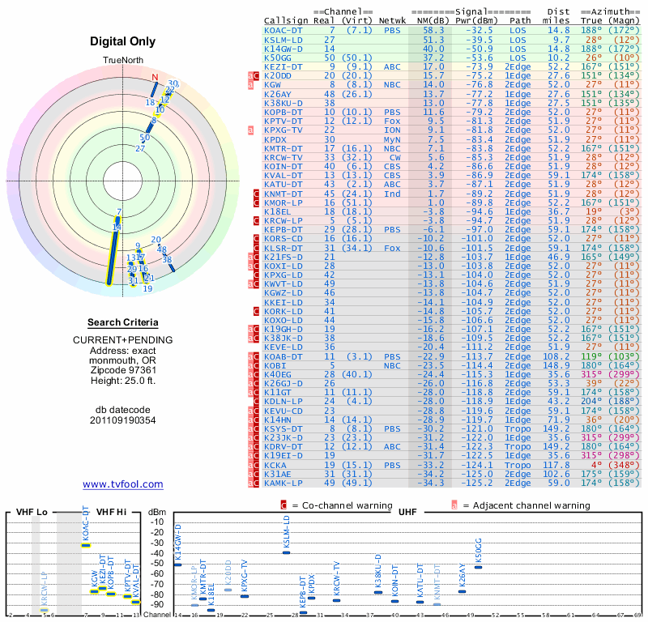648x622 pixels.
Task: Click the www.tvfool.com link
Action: (x=122, y=484)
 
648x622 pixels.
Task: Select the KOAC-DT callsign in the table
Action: (x=283, y=30)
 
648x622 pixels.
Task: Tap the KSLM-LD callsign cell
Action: (x=283, y=39)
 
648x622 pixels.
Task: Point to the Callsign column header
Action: (x=286, y=19)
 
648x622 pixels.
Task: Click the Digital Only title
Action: (x=122, y=40)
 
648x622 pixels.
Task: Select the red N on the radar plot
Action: (x=155, y=78)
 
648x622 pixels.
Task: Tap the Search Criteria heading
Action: (x=122, y=322)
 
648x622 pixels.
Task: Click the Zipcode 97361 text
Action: (x=122, y=369)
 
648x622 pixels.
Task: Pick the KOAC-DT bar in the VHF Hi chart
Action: (x=86, y=544)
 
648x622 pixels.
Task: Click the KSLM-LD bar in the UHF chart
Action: (x=286, y=552)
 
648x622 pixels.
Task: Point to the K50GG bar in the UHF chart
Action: (x=478, y=567)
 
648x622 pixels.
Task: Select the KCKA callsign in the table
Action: (x=275, y=465)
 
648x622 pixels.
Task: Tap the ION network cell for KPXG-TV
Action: (x=392, y=129)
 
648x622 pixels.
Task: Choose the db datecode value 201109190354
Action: (x=122, y=420)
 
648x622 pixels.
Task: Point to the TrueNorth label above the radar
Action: (x=122, y=61)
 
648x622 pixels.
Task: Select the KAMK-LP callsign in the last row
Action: (x=283, y=483)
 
